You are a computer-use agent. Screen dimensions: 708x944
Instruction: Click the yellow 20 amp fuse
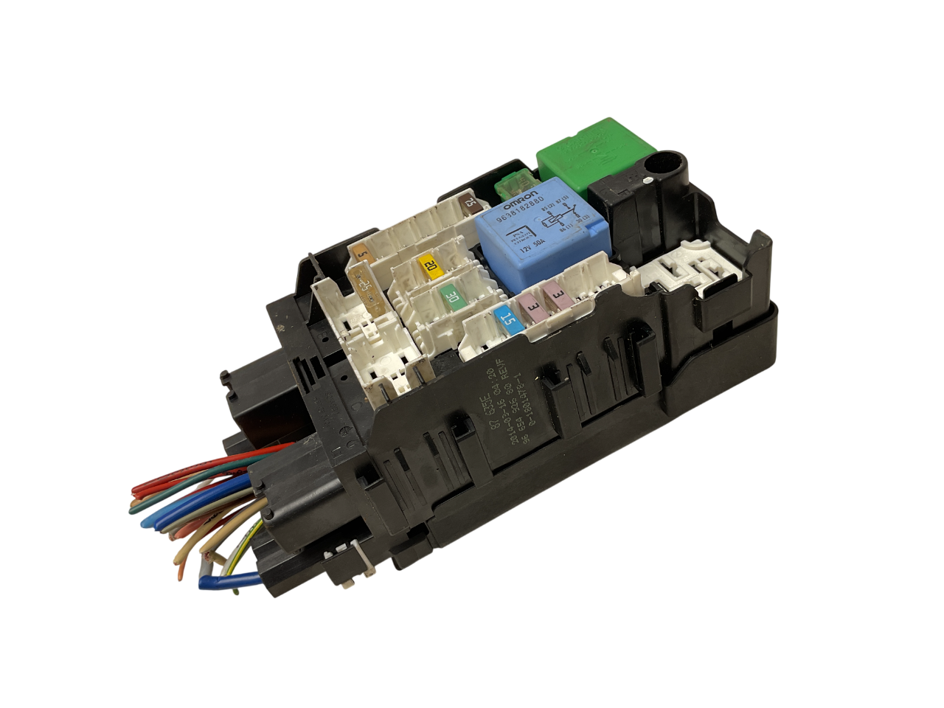[430, 265]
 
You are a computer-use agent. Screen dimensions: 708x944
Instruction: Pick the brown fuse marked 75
[469, 201]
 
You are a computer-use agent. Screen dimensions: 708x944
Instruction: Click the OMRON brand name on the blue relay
[522, 191]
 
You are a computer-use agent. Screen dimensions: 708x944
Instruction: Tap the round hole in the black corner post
[672, 160]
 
